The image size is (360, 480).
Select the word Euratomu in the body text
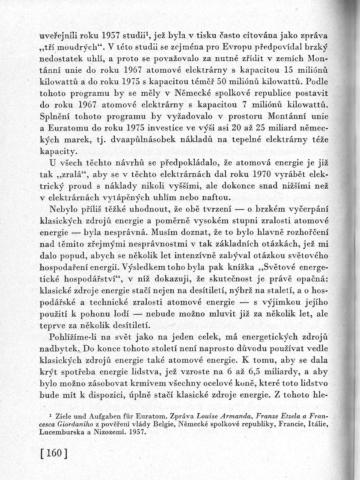pyautogui.click(x=74, y=128)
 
